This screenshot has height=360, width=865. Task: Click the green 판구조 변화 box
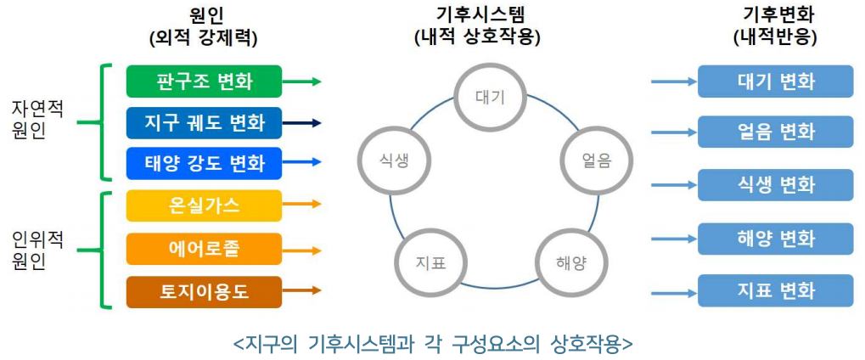pyautogui.click(x=204, y=82)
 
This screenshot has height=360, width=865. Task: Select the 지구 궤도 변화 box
pyautogui.click(x=204, y=122)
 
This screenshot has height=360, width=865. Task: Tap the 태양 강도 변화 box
pyautogui.click(x=204, y=163)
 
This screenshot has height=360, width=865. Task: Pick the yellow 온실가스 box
pyautogui.click(x=204, y=205)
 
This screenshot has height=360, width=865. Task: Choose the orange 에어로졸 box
pyautogui.click(x=204, y=249)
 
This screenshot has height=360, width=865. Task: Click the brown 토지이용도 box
pyautogui.click(x=204, y=291)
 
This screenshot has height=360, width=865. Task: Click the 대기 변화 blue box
pyautogui.click(x=776, y=82)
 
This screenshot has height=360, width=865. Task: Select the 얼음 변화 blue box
pyautogui.click(x=776, y=132)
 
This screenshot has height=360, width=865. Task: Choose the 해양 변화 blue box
pyautogui.click(x=776, y=239)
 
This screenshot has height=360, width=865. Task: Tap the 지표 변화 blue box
pyautogui.click(x=776, y=290)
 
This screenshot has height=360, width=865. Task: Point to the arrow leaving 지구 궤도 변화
pyautogui.click(x=301, y=123)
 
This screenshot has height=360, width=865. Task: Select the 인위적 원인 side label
pyautogui.click(x=37, y=250)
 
